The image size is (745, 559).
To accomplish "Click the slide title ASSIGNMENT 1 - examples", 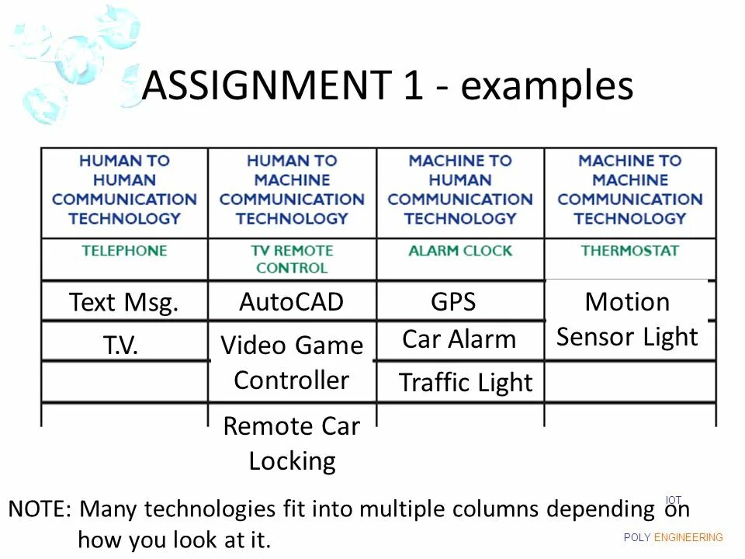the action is pos(387,86).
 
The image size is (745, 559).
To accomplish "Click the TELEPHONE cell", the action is pos(124,251).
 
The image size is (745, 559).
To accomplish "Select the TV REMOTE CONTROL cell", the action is pos(292,259).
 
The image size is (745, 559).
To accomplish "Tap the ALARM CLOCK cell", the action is pos(460,251).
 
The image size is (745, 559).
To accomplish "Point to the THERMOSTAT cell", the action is pos(629,251).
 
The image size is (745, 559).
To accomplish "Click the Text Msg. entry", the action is pos(124,302).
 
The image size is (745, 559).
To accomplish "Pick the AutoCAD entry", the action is pos(291,302).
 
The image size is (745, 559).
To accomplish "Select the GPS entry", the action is pos(453,302).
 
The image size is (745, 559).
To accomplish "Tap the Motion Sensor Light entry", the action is pos(627,319).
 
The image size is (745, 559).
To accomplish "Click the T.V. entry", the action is pos(121,345).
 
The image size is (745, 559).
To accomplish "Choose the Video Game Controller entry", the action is pos(292,363).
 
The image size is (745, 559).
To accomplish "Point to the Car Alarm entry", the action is pos(459,339).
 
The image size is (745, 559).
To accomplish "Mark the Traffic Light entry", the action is pos(466,383).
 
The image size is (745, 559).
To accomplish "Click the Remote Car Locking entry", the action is pos(292,443).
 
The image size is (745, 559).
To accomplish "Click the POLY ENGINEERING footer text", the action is pos(673,537).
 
